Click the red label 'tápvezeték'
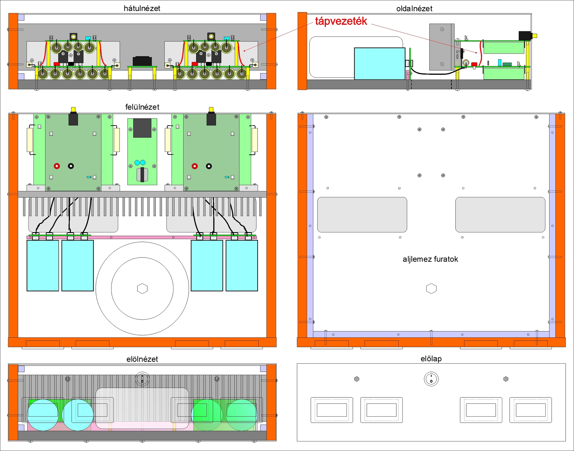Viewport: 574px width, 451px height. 341,21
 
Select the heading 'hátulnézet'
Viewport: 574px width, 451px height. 142,8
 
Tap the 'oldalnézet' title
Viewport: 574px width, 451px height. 414,9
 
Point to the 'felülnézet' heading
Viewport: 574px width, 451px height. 142,107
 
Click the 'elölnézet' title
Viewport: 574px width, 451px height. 142,359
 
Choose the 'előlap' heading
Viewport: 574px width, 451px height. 431,359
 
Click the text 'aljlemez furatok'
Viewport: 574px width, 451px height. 430,259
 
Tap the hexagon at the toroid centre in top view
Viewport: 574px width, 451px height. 142,289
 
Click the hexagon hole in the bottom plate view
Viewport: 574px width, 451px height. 431,289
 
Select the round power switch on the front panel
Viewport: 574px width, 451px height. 431,379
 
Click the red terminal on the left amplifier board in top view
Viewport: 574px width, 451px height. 57,166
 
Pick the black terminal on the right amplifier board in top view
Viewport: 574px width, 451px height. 209,166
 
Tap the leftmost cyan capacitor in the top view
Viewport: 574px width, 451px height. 43,265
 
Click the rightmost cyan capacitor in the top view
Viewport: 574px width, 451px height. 242,265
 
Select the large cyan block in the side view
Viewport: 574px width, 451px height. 379,63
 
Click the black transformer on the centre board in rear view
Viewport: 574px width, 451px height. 142,61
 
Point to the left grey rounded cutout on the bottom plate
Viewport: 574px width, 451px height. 362,214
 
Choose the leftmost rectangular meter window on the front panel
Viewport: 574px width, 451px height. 332,410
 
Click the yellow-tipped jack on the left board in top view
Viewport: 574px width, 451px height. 73,110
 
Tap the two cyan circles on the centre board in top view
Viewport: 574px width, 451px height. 140,162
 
